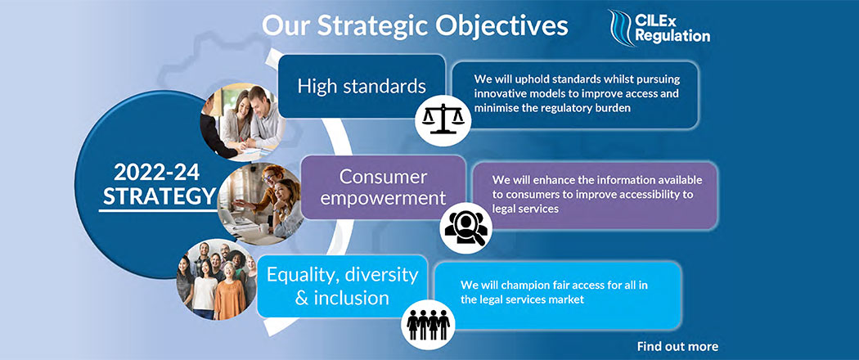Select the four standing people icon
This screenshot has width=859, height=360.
[x=428, y=325]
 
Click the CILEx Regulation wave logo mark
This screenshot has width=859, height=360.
[x=622, y=28]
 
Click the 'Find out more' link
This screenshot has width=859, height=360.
[x=677, y=346]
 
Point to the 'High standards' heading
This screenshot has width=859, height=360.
[x=362, y=86]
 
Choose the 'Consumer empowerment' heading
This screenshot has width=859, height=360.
[x=383, y=187]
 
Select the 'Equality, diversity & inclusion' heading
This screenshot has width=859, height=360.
[x=342, y=286]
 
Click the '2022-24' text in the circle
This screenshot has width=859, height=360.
[x=157, y=173]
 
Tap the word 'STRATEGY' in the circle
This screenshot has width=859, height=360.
[x=160, y=196]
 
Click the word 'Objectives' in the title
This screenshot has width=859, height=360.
[x=491, y=25]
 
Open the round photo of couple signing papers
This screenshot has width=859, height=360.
[x=242, y=122]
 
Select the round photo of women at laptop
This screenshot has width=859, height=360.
[x=260, y=203]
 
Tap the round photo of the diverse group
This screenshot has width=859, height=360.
[x=217, y=280]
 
